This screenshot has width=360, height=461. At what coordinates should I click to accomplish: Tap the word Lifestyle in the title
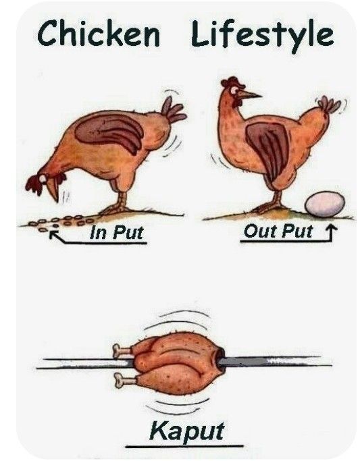pyautogui.click(x=262, y=35)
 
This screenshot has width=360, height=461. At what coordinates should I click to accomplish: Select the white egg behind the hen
pyautogui.click(x=325, y=204)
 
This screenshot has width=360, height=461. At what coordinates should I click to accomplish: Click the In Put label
pyautogui.click(x=117, y=232)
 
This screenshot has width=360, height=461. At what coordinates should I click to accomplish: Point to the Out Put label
pyautogui.click(x=278, y=231)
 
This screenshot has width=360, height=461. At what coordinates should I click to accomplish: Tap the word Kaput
pyautogui.click(x=187, y=431)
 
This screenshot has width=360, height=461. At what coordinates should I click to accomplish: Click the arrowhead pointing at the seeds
pyautogui.click(x=53, y=234)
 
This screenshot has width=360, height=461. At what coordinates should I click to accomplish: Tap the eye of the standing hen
pyautogui.click(x=234, y=90)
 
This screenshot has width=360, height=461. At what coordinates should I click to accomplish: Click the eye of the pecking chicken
pyautogui.click(x=43, y=178)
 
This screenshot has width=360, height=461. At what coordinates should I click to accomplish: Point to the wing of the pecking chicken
pyautogui.click(x=110, y=132)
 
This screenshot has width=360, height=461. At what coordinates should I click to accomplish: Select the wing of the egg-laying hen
pyautogui.click(x=269, y=148)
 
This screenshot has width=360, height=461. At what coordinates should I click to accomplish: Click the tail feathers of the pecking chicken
pyautogui.click(x=173, y=110)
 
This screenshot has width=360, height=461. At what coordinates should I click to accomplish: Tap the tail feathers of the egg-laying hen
pyautogui.click(x=329, y=104)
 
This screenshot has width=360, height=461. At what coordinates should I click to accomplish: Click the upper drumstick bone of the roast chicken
pyautogui.click(x=122, y=350)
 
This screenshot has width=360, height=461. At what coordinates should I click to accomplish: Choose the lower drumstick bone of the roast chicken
pyautogui.click(x=124, y=380)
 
